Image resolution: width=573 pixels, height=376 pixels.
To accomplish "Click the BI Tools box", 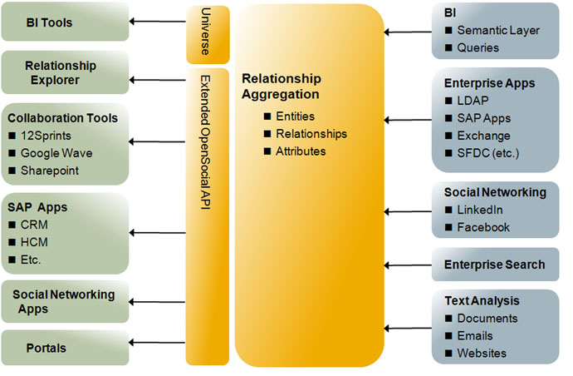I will pos(65,22).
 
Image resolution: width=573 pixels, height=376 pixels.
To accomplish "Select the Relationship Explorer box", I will pos(65,72).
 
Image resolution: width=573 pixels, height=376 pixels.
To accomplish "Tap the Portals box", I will pos(65,348).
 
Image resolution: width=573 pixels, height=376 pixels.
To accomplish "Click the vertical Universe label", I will pos(207,33).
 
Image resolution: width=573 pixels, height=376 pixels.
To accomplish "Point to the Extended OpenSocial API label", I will pos(207,141).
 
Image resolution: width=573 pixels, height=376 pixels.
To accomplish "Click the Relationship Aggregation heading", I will pos(281,87).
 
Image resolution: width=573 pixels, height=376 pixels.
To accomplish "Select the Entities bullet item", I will pos(295,116).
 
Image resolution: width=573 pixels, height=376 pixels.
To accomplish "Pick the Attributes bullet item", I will pos(301,151).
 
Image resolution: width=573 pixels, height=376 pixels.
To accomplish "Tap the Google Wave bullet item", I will pos(56,153).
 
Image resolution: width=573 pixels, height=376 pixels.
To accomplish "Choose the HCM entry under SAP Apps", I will pos(35,241).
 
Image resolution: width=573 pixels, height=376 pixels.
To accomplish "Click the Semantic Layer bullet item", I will pos(497,31).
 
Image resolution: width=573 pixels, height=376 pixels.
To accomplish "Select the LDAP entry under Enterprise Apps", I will pos(473,101).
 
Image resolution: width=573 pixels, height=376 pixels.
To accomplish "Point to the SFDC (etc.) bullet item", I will pos(490,153).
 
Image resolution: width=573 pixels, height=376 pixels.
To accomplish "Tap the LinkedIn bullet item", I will pos(480,210).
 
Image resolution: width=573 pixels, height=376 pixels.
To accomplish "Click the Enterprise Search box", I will pos(494,265).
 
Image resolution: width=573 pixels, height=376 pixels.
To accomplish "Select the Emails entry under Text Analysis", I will pos(474,336).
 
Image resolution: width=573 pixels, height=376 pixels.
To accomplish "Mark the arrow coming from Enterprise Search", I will pos(407,265).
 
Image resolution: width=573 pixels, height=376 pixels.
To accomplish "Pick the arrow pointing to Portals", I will pos(158,342).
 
